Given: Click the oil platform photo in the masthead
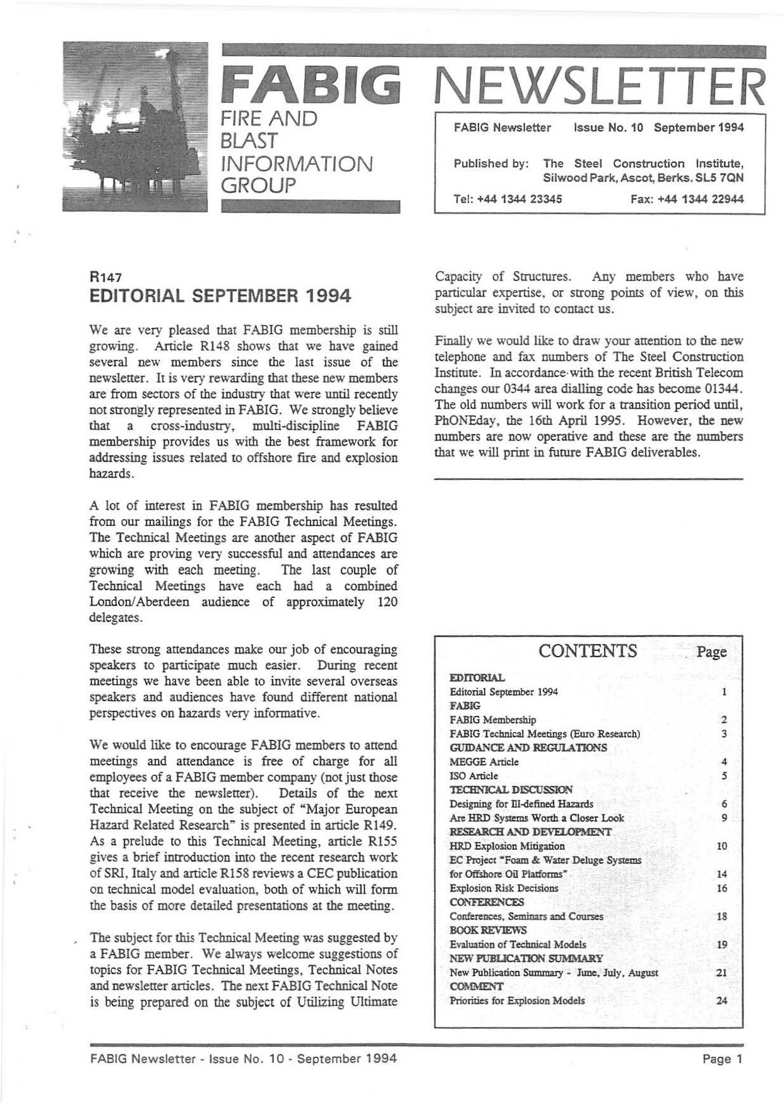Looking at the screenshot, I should [135, 126].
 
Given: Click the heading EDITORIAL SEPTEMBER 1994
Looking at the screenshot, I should [220, 296].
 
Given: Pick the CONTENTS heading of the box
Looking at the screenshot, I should [587, 651].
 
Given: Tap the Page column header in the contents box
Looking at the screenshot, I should [711, 652].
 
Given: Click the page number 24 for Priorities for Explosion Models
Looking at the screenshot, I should [722, 1001].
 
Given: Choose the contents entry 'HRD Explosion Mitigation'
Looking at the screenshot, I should [507, 846].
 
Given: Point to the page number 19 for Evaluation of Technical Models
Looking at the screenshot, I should [722, 944].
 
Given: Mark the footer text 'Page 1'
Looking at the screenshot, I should [723, 1059].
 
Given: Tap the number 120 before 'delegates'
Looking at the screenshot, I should [387, 602].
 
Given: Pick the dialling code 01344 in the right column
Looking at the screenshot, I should [722, 388].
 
